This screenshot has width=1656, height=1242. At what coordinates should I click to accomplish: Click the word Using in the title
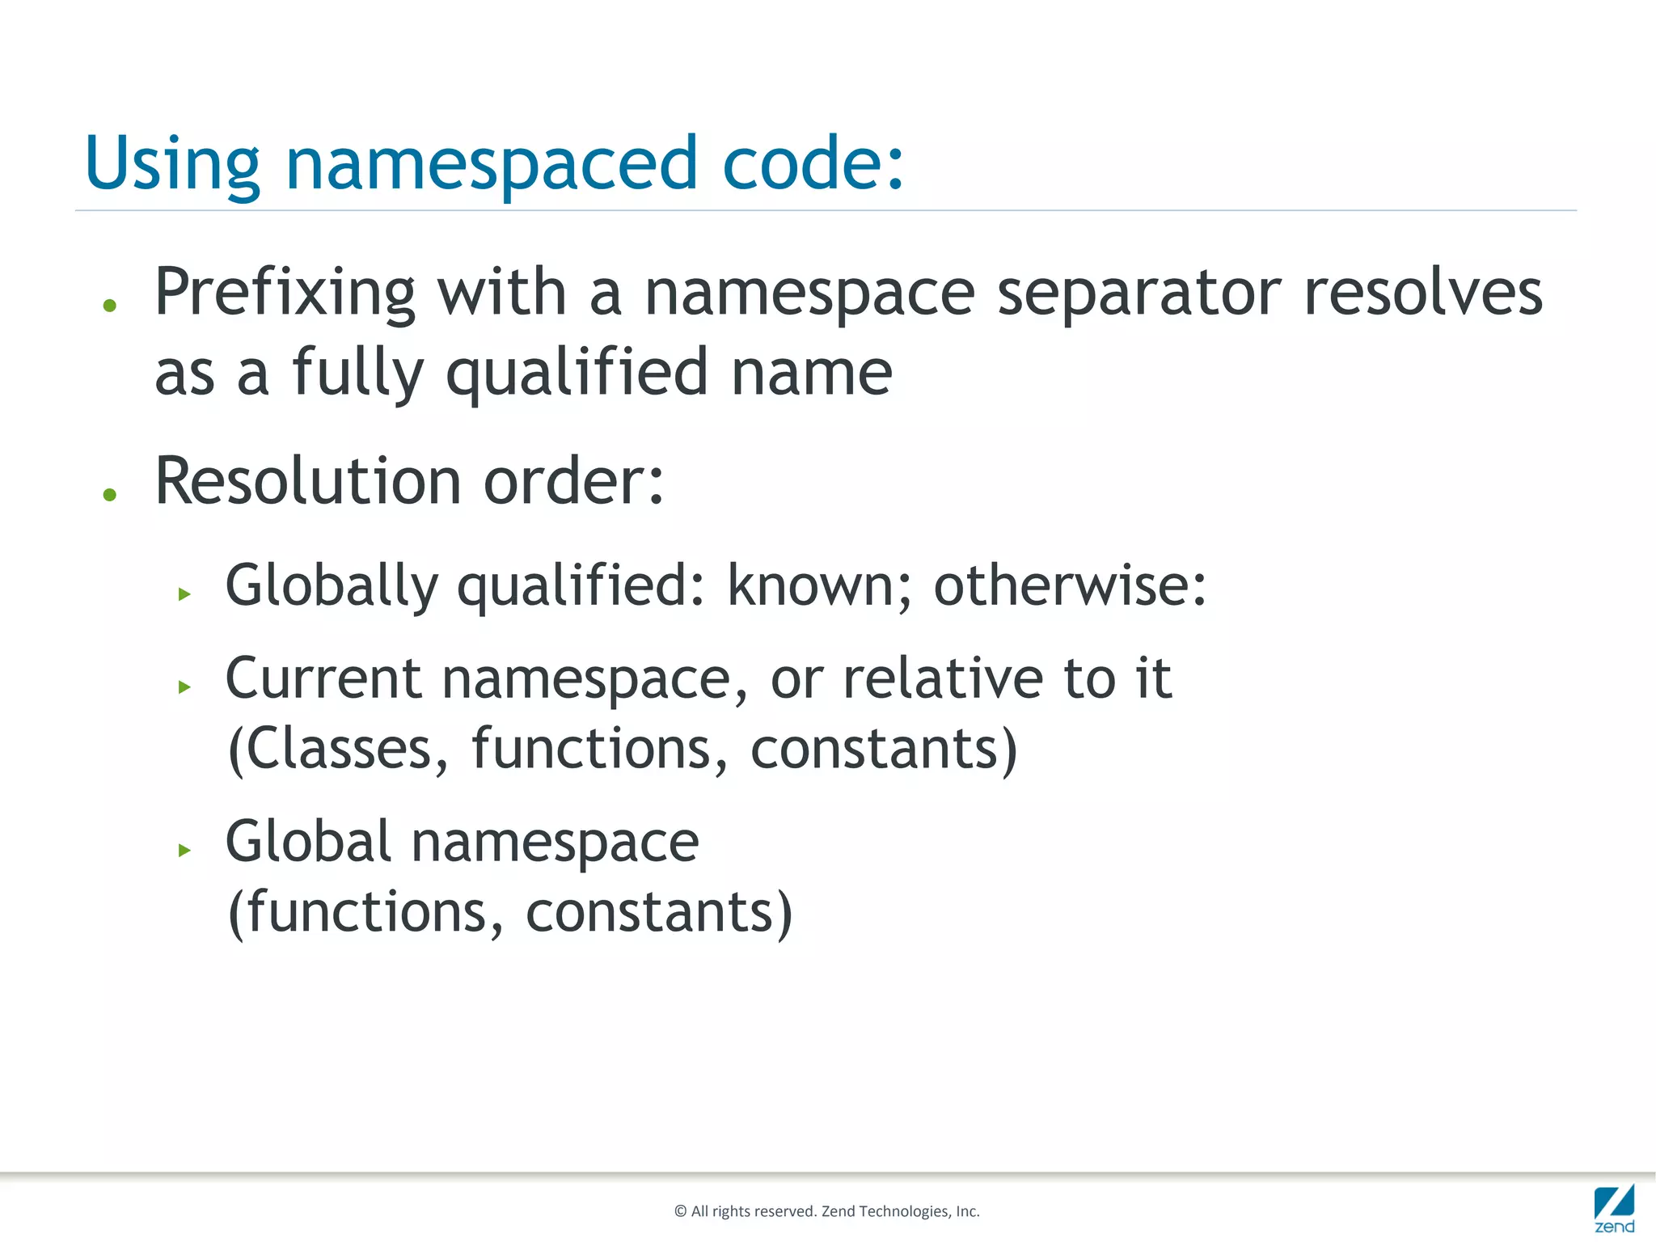coord(172,164)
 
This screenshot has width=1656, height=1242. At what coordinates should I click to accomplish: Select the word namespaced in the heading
coord(492,164)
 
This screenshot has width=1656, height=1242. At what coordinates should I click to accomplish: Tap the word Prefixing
coord(285,293)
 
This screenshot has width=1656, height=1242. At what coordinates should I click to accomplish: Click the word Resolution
coord(308,481)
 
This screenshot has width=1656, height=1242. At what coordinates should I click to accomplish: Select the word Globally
coord(332,585)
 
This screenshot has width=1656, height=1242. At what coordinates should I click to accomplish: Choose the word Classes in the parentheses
coord(339,749)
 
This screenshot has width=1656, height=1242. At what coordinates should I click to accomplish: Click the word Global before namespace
coord(308,841)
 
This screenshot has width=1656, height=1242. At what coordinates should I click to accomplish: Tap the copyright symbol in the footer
coord(681,1211)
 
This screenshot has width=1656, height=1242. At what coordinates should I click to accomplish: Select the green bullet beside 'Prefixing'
coord(110,306)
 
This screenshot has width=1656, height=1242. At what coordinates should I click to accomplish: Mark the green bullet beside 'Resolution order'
coord(110,494)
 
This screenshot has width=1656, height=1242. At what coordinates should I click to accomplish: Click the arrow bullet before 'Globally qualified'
coord(184,594)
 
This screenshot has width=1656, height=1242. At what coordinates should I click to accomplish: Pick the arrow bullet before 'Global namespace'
coord(184,850)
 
